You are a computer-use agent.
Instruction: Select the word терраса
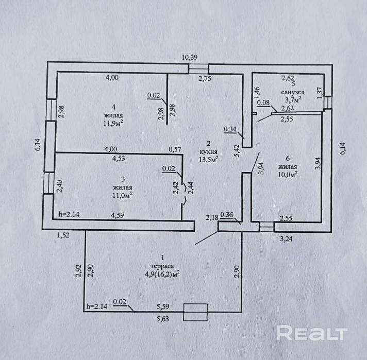163,265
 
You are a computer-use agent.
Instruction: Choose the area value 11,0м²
122,196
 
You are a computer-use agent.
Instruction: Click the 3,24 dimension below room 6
286,239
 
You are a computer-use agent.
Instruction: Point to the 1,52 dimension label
63,235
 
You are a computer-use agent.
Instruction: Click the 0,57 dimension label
176,149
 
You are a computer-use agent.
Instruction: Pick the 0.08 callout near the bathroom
263,102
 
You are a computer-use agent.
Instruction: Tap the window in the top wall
198,68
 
